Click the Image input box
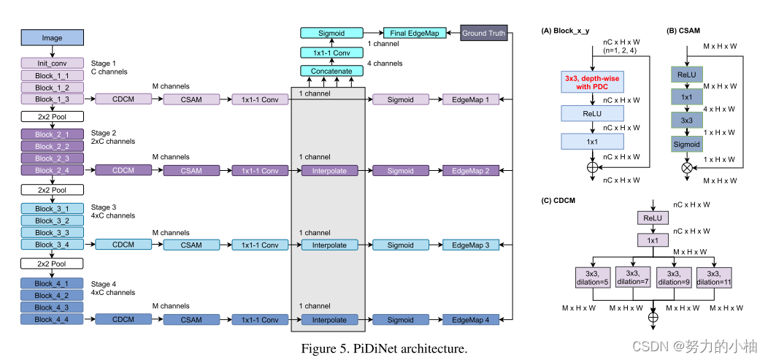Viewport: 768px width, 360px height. [52, 38]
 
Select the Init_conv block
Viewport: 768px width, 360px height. [52, 64]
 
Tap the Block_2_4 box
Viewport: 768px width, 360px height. [52, 170]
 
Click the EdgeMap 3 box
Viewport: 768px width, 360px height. [470, 245]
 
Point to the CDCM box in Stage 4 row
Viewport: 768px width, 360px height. [123, 319]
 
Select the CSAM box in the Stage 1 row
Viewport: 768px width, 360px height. [191, 99]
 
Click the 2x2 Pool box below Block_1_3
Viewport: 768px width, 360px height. [52, 116]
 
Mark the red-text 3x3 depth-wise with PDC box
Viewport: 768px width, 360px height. [592, 83]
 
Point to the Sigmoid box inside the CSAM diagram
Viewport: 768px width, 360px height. [687, 145]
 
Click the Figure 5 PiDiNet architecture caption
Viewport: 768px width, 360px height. [383, 348]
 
